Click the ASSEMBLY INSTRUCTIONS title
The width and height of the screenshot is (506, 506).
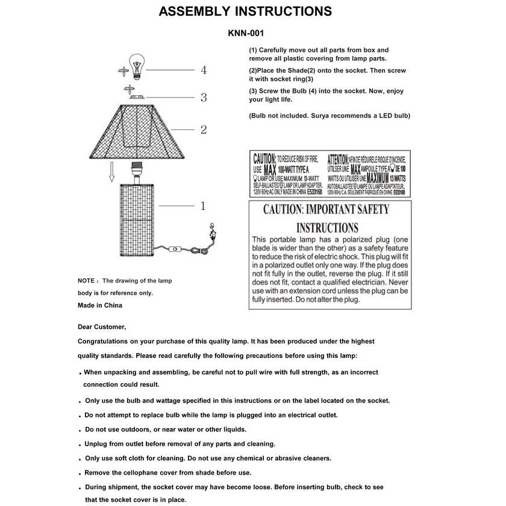pos(245,11)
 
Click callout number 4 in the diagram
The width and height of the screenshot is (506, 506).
pos(204,70)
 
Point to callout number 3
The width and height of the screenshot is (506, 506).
pos(204,97)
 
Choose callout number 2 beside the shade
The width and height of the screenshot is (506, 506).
pos(204,129)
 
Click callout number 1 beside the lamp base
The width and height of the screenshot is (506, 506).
pos(203,206)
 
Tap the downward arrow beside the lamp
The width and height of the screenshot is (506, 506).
pos(111,173)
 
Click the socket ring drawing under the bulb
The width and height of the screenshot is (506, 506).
pos(138,96)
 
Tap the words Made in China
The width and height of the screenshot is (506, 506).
pos(100,305)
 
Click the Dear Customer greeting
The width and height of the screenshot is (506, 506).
pos(102,327)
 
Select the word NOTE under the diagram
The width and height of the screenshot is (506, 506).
pos(86,281)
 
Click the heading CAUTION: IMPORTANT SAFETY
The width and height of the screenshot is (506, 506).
pos(326,210)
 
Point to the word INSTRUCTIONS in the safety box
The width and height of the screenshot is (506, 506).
pos(327,228)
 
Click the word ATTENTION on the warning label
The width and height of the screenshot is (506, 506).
pos(337,159)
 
